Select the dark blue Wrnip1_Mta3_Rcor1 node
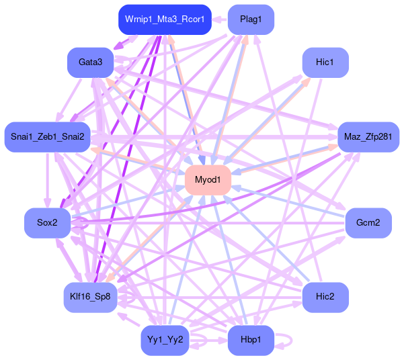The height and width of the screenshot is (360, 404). (165, 19)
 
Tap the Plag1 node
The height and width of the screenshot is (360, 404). (251, 19)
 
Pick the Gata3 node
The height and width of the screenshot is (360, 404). (90, 62)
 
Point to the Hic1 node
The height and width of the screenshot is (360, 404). (325, 62)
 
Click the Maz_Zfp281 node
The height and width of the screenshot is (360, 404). (368, 137)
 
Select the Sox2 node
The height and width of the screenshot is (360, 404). (47, 222)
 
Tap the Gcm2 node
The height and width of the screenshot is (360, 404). (368, 222)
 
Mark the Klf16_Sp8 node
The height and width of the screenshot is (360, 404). (90, 296)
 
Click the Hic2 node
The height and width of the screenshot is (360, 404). (325, 296)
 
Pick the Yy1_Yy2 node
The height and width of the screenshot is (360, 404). (165, 340)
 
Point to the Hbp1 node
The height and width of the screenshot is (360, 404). (251, 340)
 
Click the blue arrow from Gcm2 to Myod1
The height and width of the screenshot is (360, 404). (289, 201)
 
